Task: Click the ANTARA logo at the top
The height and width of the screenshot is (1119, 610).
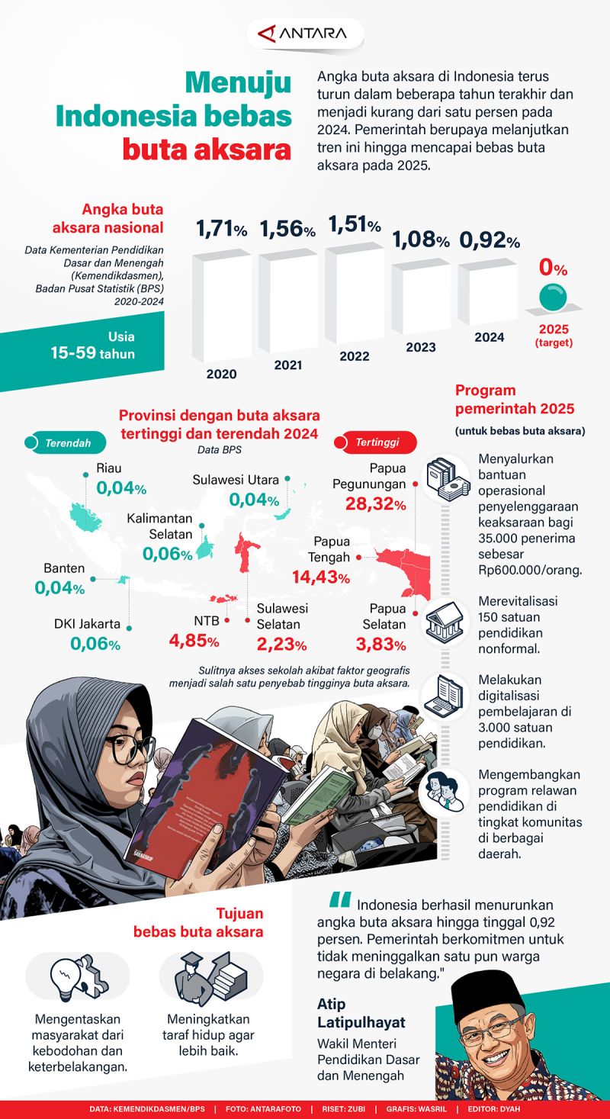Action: [304, 34]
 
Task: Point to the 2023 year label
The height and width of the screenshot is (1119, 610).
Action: [421, 347]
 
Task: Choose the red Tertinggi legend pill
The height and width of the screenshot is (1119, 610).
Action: [376, 442]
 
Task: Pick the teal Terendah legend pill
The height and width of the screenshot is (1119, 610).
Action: [65, 442]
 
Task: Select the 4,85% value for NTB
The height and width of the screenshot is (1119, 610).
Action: [194, 641]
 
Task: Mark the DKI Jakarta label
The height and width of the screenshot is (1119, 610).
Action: [87, 624]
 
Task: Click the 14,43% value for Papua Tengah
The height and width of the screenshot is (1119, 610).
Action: [320, 577]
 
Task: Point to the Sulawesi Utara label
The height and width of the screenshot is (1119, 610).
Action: [235, 480]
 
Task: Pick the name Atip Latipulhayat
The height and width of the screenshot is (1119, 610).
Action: [361, 1012]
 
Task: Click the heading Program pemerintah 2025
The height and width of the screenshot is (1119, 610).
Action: [514, 399]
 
